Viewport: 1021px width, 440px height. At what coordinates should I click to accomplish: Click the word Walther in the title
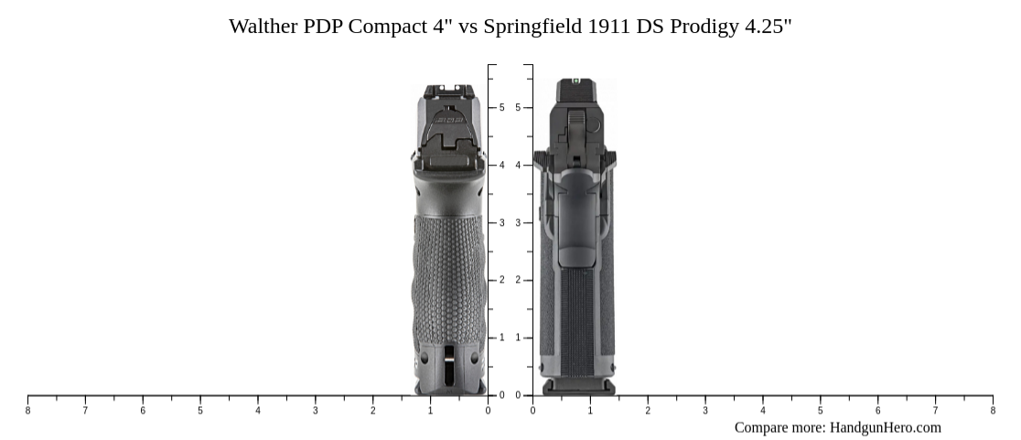(263, 27)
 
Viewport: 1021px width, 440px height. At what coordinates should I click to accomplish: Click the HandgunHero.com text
(885, 427)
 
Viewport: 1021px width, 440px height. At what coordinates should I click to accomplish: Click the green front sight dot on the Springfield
(575, 81)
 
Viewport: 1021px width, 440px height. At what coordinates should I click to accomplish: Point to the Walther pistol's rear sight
(448, 91)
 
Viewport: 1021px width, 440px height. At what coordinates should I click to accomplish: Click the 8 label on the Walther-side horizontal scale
(27, 411)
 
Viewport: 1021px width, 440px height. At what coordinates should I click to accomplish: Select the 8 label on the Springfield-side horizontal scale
(993, 411)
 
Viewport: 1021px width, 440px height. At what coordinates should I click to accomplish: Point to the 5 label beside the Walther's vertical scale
(501, 108)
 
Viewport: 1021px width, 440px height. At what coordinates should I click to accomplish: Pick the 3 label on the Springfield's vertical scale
(518, 223)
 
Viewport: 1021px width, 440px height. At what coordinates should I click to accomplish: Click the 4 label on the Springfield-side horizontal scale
(763, 411)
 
